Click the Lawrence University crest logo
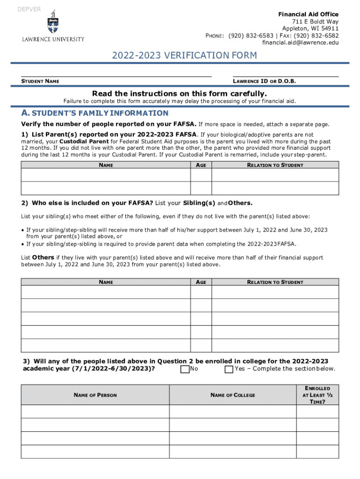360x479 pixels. [x=53, y=22]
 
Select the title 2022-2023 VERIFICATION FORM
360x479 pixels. [x=184, y=56]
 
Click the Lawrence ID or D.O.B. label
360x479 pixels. [x=264, y=81]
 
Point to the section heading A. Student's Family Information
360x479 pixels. [x=95, y=113]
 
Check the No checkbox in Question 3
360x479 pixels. [x=185, y=370]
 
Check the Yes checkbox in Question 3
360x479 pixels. [x=229, y=370]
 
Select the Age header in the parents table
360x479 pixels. [x=201, y=165]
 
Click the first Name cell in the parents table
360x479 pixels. [x=106, y=175]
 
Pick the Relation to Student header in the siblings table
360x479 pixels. [x=275, y=282]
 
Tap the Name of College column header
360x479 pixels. [x=233, y=395]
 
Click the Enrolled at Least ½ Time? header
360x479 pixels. [x=317, y=395]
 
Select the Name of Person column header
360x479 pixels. [x=95, y=395]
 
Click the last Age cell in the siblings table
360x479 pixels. [x=201, y=345]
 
